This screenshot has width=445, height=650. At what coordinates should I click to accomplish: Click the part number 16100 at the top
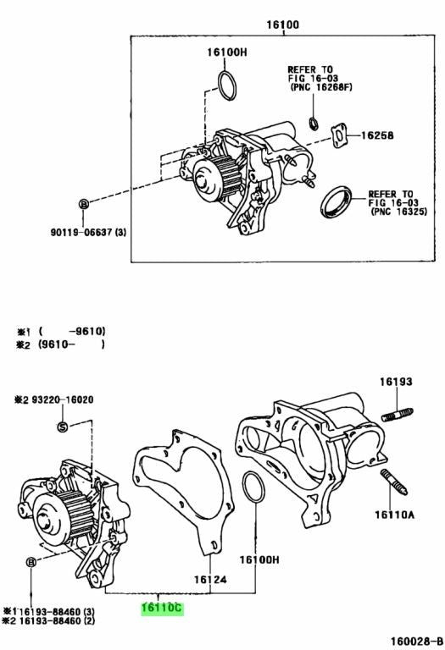282,25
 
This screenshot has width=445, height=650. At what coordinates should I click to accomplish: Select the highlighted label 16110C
162,608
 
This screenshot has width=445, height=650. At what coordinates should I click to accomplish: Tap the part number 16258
377,135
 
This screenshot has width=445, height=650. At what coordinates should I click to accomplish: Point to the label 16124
210,579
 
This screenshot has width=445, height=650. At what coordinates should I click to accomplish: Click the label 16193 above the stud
396,381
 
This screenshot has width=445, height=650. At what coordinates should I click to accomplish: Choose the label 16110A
394,515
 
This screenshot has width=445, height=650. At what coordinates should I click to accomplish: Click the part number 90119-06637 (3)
88,232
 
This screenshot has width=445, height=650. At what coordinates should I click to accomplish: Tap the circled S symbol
62,427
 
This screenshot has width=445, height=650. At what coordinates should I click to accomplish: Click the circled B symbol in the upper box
84,203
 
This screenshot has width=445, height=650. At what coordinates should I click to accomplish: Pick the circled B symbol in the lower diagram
31,562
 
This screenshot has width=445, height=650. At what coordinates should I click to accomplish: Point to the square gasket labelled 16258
339,136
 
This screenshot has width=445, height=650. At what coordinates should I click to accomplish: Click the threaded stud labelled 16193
397,415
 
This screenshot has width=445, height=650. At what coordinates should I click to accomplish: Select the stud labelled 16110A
393,482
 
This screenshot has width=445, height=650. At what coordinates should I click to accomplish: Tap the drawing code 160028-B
416,642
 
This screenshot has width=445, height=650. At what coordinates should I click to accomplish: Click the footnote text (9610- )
71,344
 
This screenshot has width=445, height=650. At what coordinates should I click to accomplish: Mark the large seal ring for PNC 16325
336,202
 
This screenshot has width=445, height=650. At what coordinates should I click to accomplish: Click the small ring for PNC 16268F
314,123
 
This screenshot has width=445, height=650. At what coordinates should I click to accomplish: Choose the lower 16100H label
259,559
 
